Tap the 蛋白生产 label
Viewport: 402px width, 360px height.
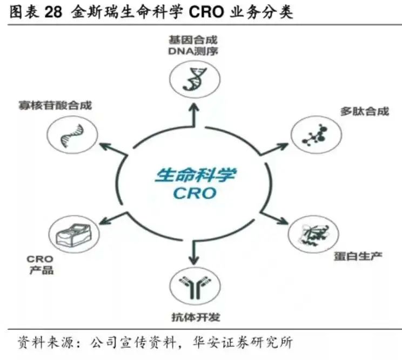(x=358, y=255)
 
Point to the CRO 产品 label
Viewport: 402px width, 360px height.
(x=41, y=264)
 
